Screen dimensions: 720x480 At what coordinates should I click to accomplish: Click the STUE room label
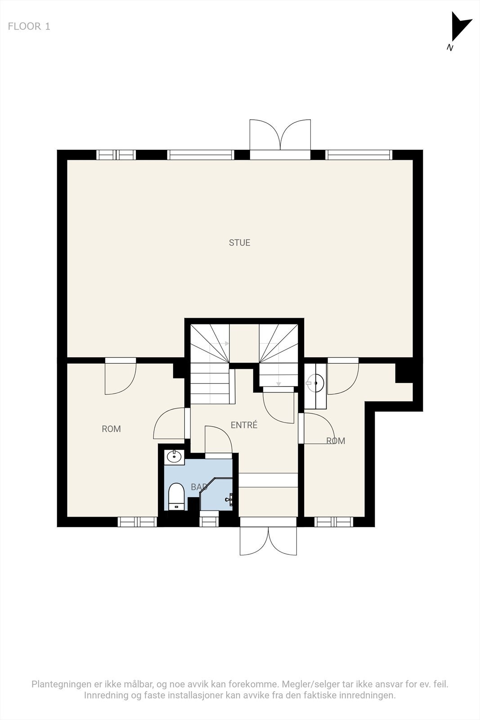(x=239, y=243)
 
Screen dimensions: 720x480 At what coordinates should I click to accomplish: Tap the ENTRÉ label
(x=244, y=425)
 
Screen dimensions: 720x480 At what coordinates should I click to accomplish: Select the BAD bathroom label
(x=199, y=487)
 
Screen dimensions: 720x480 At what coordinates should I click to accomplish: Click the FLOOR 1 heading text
(x=29, y=27)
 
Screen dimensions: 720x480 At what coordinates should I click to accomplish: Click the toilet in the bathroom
(x=176, y=496)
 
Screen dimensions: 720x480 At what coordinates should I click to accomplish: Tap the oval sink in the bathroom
(x=174, y=457)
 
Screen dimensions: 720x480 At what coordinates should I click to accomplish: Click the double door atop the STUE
(x=280, y=135)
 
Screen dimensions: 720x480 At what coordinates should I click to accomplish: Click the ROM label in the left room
(x=111, y=429)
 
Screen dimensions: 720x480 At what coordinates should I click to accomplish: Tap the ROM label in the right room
(x=336, y=441)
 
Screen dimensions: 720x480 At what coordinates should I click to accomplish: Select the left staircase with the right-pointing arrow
(x=210, y=364)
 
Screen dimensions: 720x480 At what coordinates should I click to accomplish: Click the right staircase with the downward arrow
(x=278, y=355)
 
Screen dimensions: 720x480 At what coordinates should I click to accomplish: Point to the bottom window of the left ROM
(x=137, y=522)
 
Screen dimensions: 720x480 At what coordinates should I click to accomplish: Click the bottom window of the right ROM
(x=333, y=522)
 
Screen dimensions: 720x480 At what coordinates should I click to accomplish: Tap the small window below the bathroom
(x=209, y=522)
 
